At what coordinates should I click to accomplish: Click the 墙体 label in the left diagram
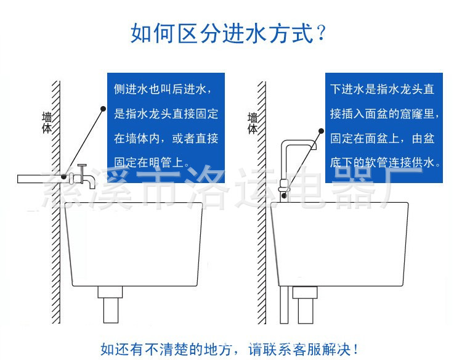coord(47,123)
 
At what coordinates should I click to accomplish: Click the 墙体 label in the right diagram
coord(253,123)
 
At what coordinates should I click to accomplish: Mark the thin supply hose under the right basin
coord(283,305)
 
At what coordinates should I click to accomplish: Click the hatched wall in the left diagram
coord(56,259)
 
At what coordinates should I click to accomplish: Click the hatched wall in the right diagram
coord(262,259)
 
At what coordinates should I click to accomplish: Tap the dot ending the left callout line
coord(102,108)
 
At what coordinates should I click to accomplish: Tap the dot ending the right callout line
coord(321,131)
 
